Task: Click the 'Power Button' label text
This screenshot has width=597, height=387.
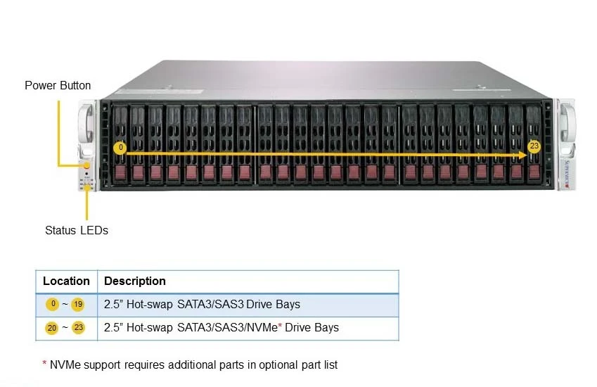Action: (x=58, y=85)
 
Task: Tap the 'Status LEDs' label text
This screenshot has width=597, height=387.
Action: (x=77, y=231)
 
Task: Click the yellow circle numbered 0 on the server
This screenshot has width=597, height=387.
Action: (x=120, y=147)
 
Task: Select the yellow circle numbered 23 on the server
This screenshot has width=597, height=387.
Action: (x=534, y=146)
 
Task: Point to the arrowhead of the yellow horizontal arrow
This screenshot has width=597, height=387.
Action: (x=523, y=155)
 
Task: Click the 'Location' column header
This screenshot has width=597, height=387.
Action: (x=66, y=281)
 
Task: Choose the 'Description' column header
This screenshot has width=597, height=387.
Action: (x=135, y=281)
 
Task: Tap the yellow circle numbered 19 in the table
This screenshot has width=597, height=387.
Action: (x=77, y=305)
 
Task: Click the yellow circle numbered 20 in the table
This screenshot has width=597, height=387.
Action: (x=52, y=328)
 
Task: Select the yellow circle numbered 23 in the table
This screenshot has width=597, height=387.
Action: (x=79, y=328)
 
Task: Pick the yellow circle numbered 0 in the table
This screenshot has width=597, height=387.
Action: (x=53, y=304)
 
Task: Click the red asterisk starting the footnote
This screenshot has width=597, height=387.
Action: (x=44, y=363)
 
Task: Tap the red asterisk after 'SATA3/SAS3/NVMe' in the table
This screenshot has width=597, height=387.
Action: (x=280, y=326)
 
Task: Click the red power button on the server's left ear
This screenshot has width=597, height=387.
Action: (x=87, y=165)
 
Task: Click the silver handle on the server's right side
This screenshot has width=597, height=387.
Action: (x=567, y=123)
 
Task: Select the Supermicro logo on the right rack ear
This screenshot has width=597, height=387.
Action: (x=567, y=174)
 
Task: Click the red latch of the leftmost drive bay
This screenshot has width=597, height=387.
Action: (x=121, y=172)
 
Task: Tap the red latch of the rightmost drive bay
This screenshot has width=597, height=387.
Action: (x=534, y=172)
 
